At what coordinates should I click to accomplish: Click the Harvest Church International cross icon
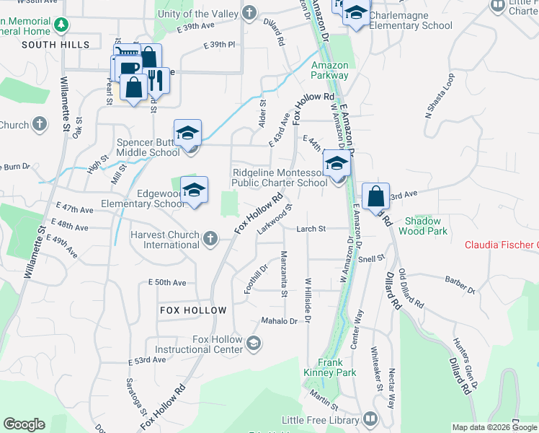(210, 238)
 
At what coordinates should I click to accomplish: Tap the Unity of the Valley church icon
(249, 12)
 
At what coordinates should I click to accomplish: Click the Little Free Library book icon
(370, 419)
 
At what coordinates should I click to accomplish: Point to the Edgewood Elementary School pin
(194, 191)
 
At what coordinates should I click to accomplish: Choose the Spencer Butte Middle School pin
(187, 134)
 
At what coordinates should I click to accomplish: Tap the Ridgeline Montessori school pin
(336, 164)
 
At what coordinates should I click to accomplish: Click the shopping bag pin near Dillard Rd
(375, 196)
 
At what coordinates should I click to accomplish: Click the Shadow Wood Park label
(426, 226)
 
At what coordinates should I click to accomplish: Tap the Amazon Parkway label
(330, 70)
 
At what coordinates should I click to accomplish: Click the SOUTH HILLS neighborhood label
(55, 45)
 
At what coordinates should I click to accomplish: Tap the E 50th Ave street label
(167, 283)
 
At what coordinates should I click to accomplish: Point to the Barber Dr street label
(460, 285)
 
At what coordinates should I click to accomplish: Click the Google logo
(24, 424)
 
